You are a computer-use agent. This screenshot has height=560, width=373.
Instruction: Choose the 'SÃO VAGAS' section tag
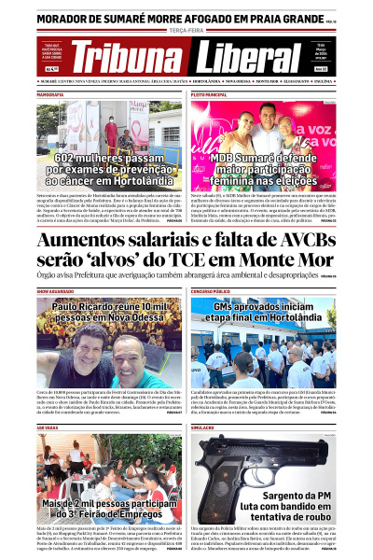48,427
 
